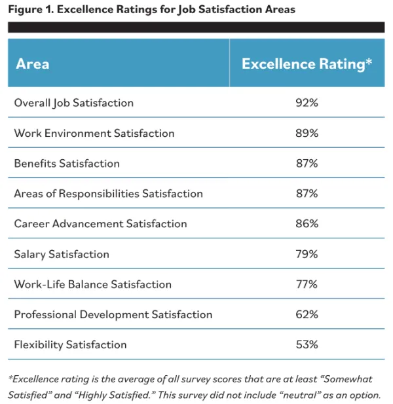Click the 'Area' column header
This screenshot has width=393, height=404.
tap(32, 64)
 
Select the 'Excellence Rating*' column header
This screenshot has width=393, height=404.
tap(307, 64)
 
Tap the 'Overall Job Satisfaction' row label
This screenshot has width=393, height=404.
tap(73, 103)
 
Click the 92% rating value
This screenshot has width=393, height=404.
tap(307, 103)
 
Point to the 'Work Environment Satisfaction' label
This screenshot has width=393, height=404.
tap(94, 133)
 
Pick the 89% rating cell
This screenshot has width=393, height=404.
tap(307, 133)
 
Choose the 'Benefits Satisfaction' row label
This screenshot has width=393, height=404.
tap(67, 163)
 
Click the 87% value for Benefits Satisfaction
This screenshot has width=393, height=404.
tap(307, 163)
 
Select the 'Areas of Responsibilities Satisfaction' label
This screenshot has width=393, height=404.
tap(108, 193)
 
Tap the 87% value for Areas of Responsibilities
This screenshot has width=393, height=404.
tap(307, 193)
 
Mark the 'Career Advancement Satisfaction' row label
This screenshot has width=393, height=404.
tap(100, 223)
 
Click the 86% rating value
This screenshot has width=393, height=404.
tap(307, 223)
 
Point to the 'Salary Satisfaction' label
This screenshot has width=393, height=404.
tap(62, 254)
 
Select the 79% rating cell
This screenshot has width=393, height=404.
tap(307, 254)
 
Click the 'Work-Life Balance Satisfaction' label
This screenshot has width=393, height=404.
tap(92, 284)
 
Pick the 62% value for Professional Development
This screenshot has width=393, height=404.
tap(307, 314)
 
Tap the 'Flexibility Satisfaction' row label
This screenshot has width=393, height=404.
tap(70, 344)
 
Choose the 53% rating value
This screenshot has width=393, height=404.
tap(307, 344)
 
